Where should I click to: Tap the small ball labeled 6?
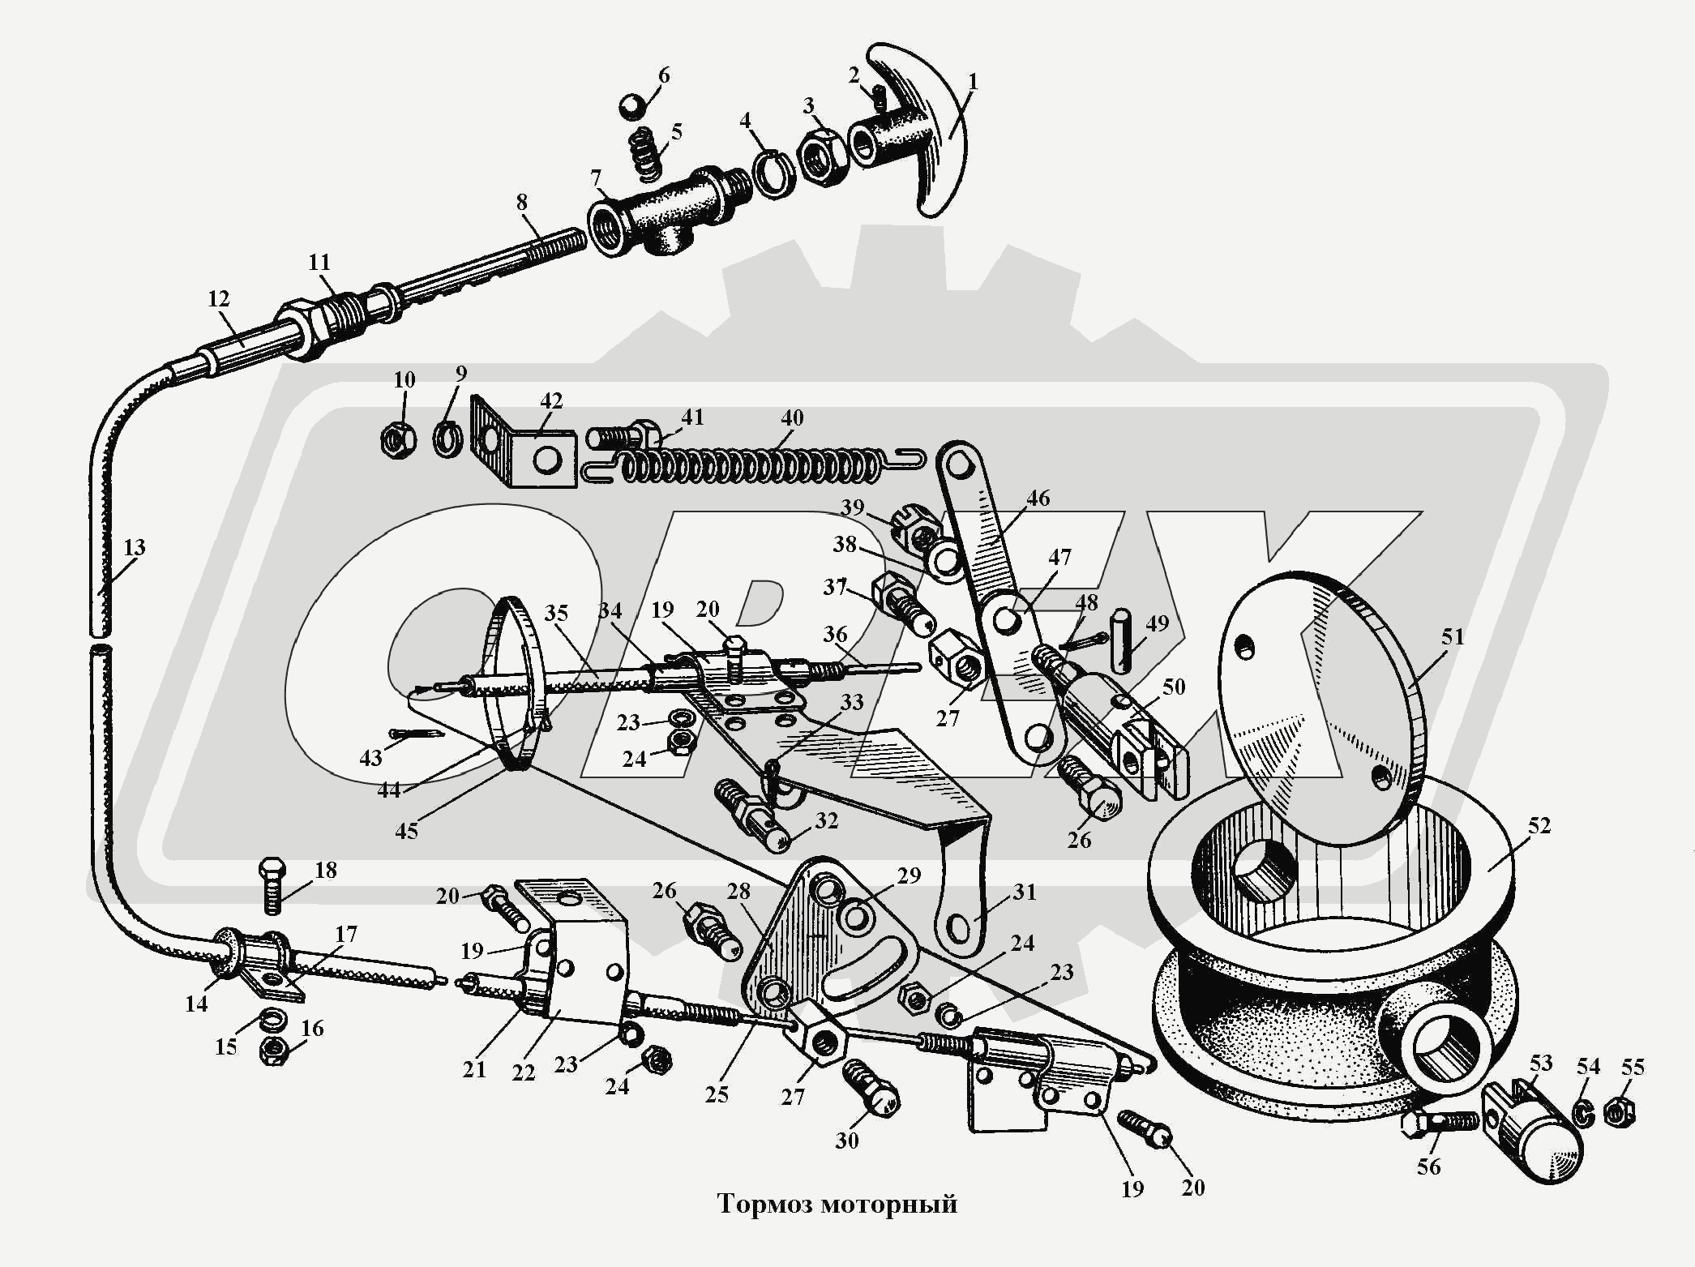tap(631, 106)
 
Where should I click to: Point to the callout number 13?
tap(134, 547)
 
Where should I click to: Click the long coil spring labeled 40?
tap(754, 465)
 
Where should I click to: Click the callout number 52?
tap(1539, 825)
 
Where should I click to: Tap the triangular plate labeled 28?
tap(819, 940)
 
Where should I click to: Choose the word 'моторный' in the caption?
tap(889, 1204)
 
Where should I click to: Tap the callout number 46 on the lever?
tap(1038, 498)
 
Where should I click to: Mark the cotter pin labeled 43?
tap(415, 734)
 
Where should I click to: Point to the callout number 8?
tap(521, 202)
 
